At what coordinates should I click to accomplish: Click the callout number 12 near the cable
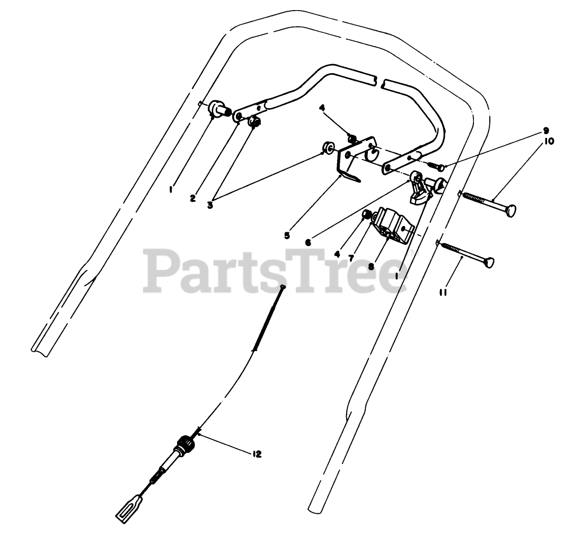[x=257, y=454]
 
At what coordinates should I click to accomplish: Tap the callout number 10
[x=548, y=142]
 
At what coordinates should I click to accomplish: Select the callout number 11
[x=443, y=291]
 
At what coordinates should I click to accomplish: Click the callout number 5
[x=287, y=235]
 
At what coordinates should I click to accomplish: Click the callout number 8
[x=371, y=267]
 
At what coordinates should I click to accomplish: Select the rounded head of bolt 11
[x=488, y=262]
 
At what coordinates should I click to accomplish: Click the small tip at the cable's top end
[x=284, y=287]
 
